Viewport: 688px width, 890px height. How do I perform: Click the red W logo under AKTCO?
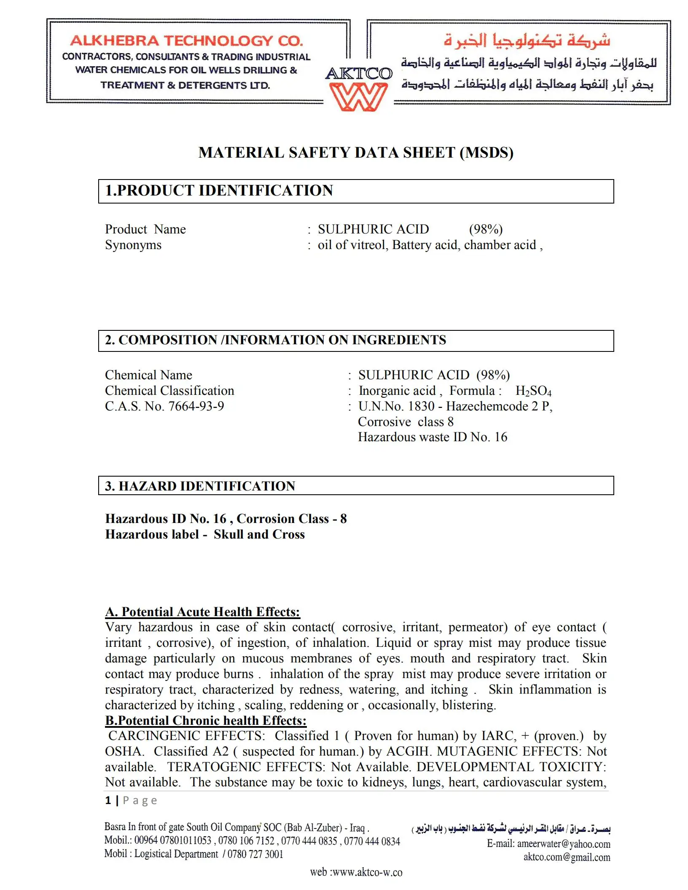point(358,97)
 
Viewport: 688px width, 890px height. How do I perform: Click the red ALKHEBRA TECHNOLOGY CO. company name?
point(186,41)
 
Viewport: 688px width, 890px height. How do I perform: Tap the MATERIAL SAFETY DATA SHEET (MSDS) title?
point(356,153)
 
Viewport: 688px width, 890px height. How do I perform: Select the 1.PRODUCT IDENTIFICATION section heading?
point(219,190)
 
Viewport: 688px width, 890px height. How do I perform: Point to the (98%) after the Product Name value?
point(486,229)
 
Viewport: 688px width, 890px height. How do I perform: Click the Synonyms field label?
point(133,245)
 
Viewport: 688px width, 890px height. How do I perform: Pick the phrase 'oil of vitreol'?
point(352,245)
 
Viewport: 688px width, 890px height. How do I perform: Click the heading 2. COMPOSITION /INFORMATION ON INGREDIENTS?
point(275,340)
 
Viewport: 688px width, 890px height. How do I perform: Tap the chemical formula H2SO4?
point(533,391)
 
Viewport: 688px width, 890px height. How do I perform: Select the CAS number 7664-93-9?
point(196,406)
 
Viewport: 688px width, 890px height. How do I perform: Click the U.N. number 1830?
point(421,406)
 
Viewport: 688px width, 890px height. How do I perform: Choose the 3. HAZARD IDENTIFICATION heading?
point(200,486)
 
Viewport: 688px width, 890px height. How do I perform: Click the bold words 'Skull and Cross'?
point(259,534)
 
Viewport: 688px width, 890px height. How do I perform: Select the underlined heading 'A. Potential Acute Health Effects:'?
point(202,612)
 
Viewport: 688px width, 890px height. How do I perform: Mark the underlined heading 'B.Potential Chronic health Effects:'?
point(206,721)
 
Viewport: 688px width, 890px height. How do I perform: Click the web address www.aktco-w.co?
point(367,872)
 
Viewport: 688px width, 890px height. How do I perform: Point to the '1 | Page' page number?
point(131,800)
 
